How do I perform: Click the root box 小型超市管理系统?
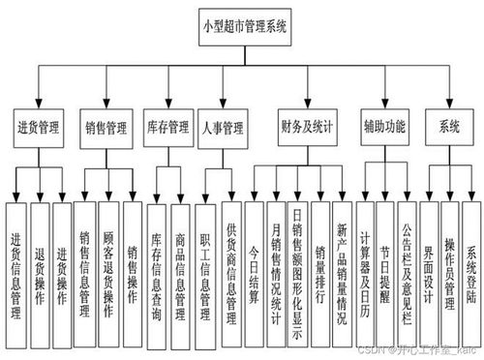click(244, 26)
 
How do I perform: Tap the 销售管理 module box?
click(106, 127)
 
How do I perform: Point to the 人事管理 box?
click(222, 127)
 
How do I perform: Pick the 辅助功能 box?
click(385, 127)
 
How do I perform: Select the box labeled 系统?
click(449, 127)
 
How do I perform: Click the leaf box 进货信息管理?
click(15, 261)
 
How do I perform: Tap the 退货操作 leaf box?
click(39, 261)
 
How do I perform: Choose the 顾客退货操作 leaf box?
click(107, 261)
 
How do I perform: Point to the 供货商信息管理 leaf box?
click(230, 261)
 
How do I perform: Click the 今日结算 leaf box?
click(254, 261)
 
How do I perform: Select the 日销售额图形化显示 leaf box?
click(297, 261)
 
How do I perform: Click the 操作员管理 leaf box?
click(449, 261)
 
